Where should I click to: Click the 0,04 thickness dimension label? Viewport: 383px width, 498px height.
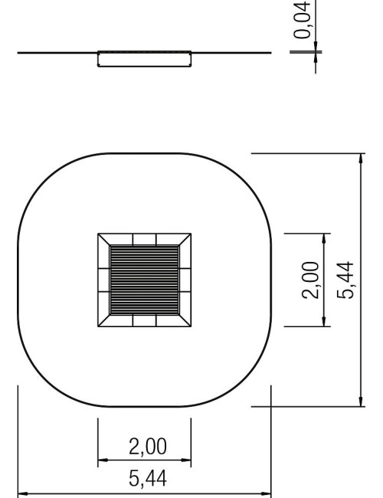(x=301, y=20)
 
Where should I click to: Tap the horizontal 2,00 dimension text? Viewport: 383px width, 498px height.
(x=148, y=446)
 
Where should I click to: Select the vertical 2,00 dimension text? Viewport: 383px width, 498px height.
(x=310, y=280)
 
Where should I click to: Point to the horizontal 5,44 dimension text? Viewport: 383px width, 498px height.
(x=148, y=479)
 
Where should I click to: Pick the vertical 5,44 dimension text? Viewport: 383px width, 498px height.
(x=345, y=280)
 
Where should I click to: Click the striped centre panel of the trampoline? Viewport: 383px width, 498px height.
(x=145, y=280)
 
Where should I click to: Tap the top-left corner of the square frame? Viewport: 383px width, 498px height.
(x=98, y=234)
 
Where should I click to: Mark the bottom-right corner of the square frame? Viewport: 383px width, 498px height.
(x=191, y=326)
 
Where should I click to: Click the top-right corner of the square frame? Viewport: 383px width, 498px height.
(x=191, y=234)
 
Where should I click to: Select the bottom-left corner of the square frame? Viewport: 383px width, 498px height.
(x=98, y=326)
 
